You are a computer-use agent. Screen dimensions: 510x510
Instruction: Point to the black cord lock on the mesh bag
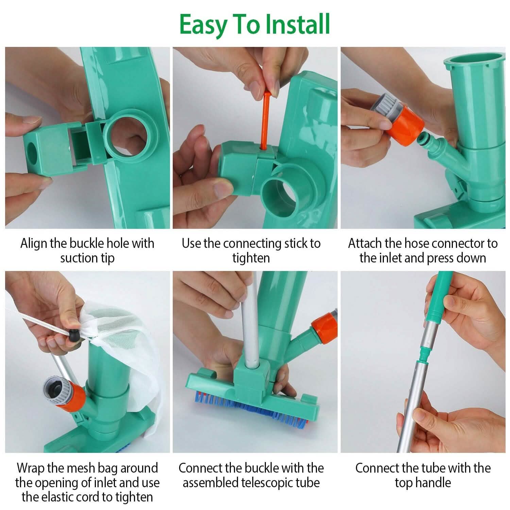click(74, 336)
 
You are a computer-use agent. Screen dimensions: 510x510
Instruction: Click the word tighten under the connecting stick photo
click(251, 258)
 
